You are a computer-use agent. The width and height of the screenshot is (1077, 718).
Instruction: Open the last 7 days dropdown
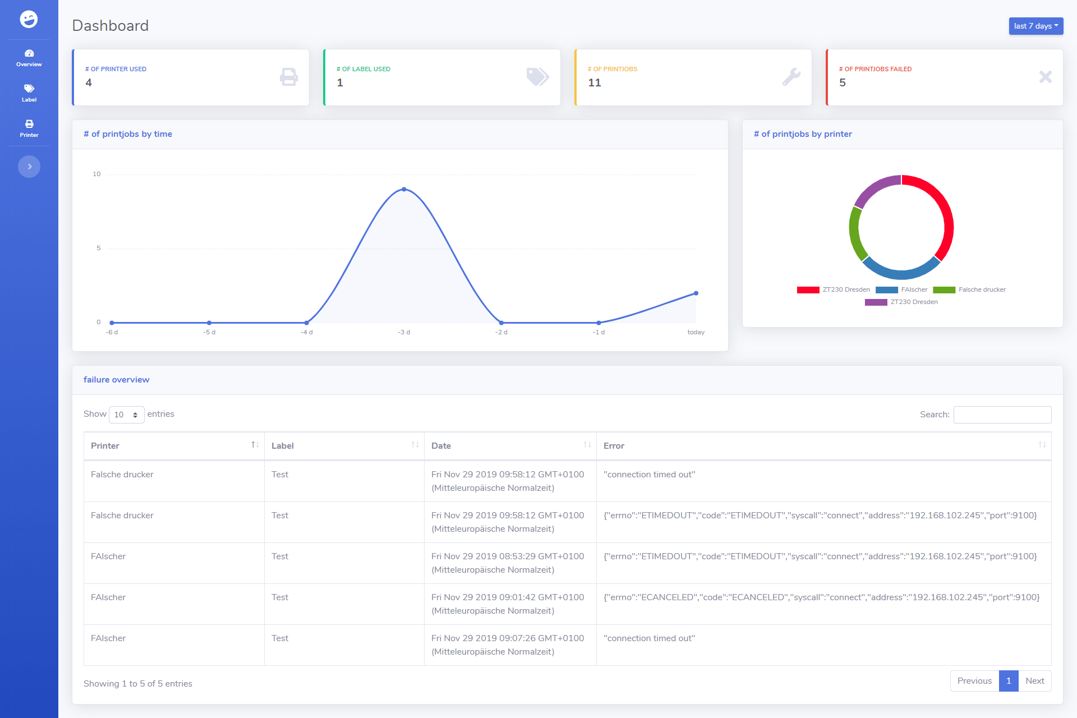[x=1035, y=26]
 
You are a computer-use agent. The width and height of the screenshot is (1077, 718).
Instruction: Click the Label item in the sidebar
[x=29, y=93]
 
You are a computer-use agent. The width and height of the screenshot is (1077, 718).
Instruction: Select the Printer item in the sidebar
[x=29, y=128]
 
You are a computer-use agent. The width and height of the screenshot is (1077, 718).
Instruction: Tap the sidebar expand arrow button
[x=29, y=167]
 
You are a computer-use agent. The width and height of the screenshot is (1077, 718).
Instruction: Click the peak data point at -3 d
[x=404, y=190]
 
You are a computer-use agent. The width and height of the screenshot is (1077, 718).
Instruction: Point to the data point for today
[x=696, y=293]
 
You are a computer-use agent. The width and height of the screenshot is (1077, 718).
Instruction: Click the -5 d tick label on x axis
[x=209, y=332]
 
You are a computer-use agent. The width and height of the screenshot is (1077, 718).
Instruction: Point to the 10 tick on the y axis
[x=96, y=174]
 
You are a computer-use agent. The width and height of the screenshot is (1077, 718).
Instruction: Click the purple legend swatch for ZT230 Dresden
[x=876, y=302]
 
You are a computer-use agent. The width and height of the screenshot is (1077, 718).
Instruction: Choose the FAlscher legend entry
[x=901, y=290]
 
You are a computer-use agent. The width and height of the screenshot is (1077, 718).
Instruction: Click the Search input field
[x=1002, y=415]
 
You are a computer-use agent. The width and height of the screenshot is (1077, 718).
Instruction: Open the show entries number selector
[x=126, y=415]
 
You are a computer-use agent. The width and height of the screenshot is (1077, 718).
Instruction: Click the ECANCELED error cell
[x=822, y=597]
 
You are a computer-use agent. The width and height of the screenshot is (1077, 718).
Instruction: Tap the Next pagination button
[x=1035, y=681]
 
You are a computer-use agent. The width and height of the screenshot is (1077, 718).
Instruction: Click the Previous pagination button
[x=974, y=681]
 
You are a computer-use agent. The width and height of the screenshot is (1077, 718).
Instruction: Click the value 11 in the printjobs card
[x=595, y=83]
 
